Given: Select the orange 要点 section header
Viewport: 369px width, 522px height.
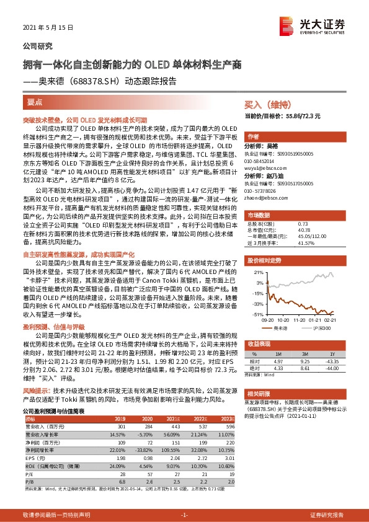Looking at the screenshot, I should [35, 100].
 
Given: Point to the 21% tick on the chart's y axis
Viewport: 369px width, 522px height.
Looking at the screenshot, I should [258, 272].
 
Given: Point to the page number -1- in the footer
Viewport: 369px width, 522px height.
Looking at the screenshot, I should [184, 515].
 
